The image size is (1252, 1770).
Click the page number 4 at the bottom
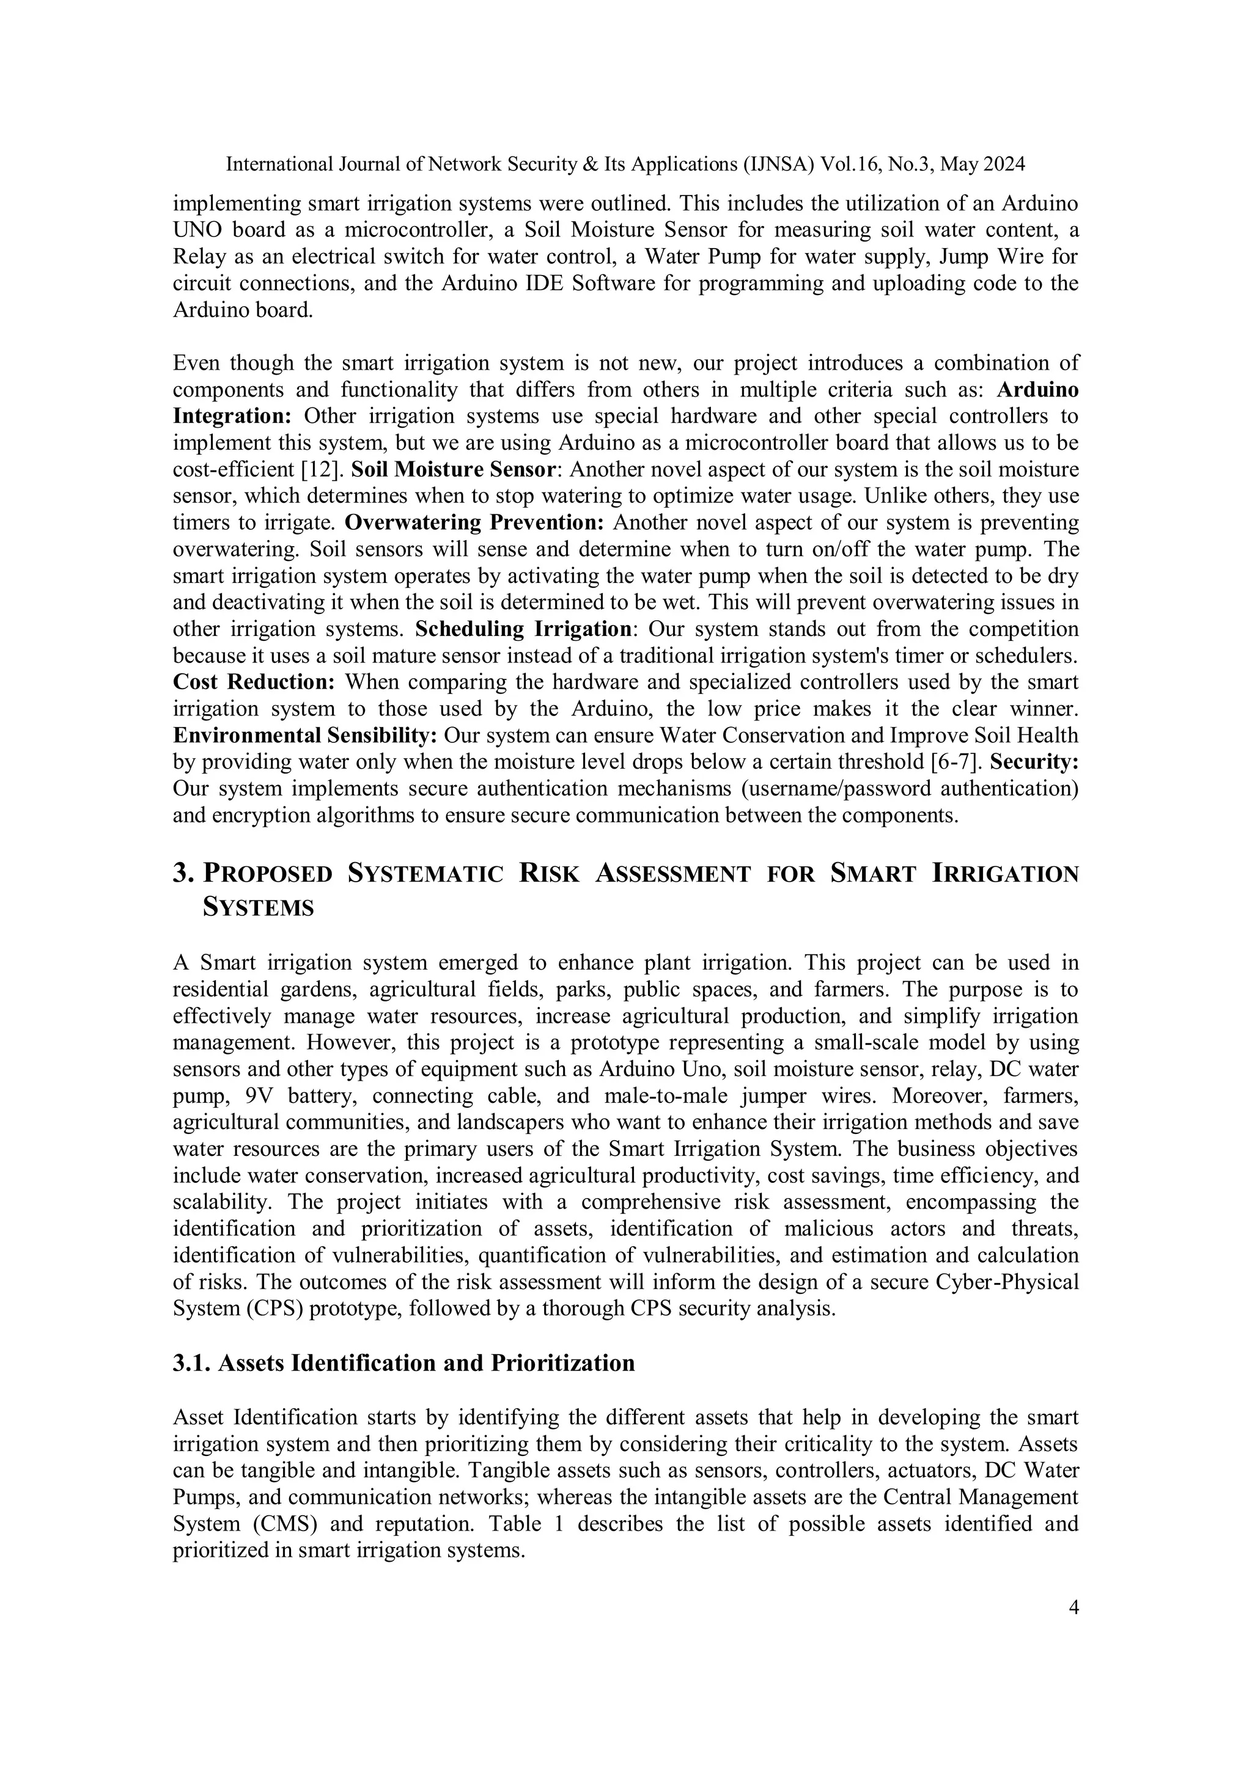click(x=1074, y=1607)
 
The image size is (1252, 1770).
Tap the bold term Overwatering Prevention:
click(x=474, y=522)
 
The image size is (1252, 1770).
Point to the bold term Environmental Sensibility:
click(x=304, y=736)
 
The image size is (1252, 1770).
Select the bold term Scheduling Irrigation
click(x=524, y=629)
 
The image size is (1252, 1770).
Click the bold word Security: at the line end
click(x=1034, y=762)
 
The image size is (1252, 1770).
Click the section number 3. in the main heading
click(x=183, y=874)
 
